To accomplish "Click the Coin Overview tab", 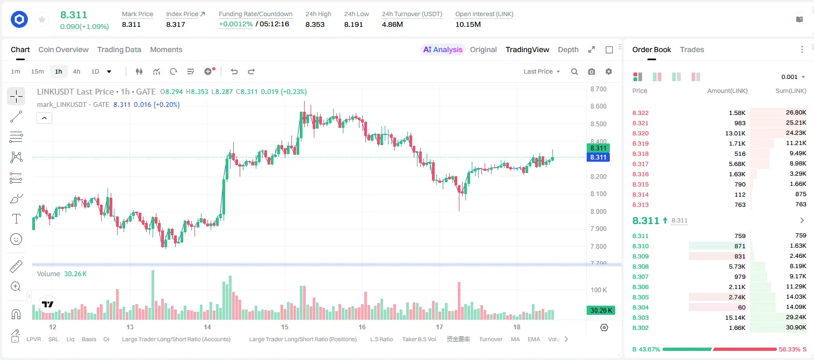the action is tap(63, 49).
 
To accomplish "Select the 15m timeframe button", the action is tap(38, 71).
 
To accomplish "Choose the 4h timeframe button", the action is tap(76, 71).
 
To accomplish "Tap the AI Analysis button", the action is tap(443, 49).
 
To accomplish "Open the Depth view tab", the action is tap(568, 49).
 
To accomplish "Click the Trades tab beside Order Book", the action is tap(692, 49).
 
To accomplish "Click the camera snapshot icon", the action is tap(592, 71).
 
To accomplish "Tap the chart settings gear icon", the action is tap(609, 71).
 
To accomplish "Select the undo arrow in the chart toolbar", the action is tap(234, 71).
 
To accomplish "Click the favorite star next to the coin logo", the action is tap(42, 20).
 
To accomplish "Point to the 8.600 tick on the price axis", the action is tap(599, 106).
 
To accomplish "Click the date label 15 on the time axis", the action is tap(285, 327).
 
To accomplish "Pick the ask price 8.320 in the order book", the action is tap(640, 133).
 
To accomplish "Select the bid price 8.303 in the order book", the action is tap(640, 318).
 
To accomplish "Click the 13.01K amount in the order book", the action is tap(735, 133).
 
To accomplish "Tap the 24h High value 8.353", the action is tap(315, 24).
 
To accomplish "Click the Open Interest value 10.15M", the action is tap(468, 24).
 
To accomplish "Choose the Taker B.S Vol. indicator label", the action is tap(419, 339).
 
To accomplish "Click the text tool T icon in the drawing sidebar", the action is tap(16, 219).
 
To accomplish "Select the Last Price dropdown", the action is tap(542, 71).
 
